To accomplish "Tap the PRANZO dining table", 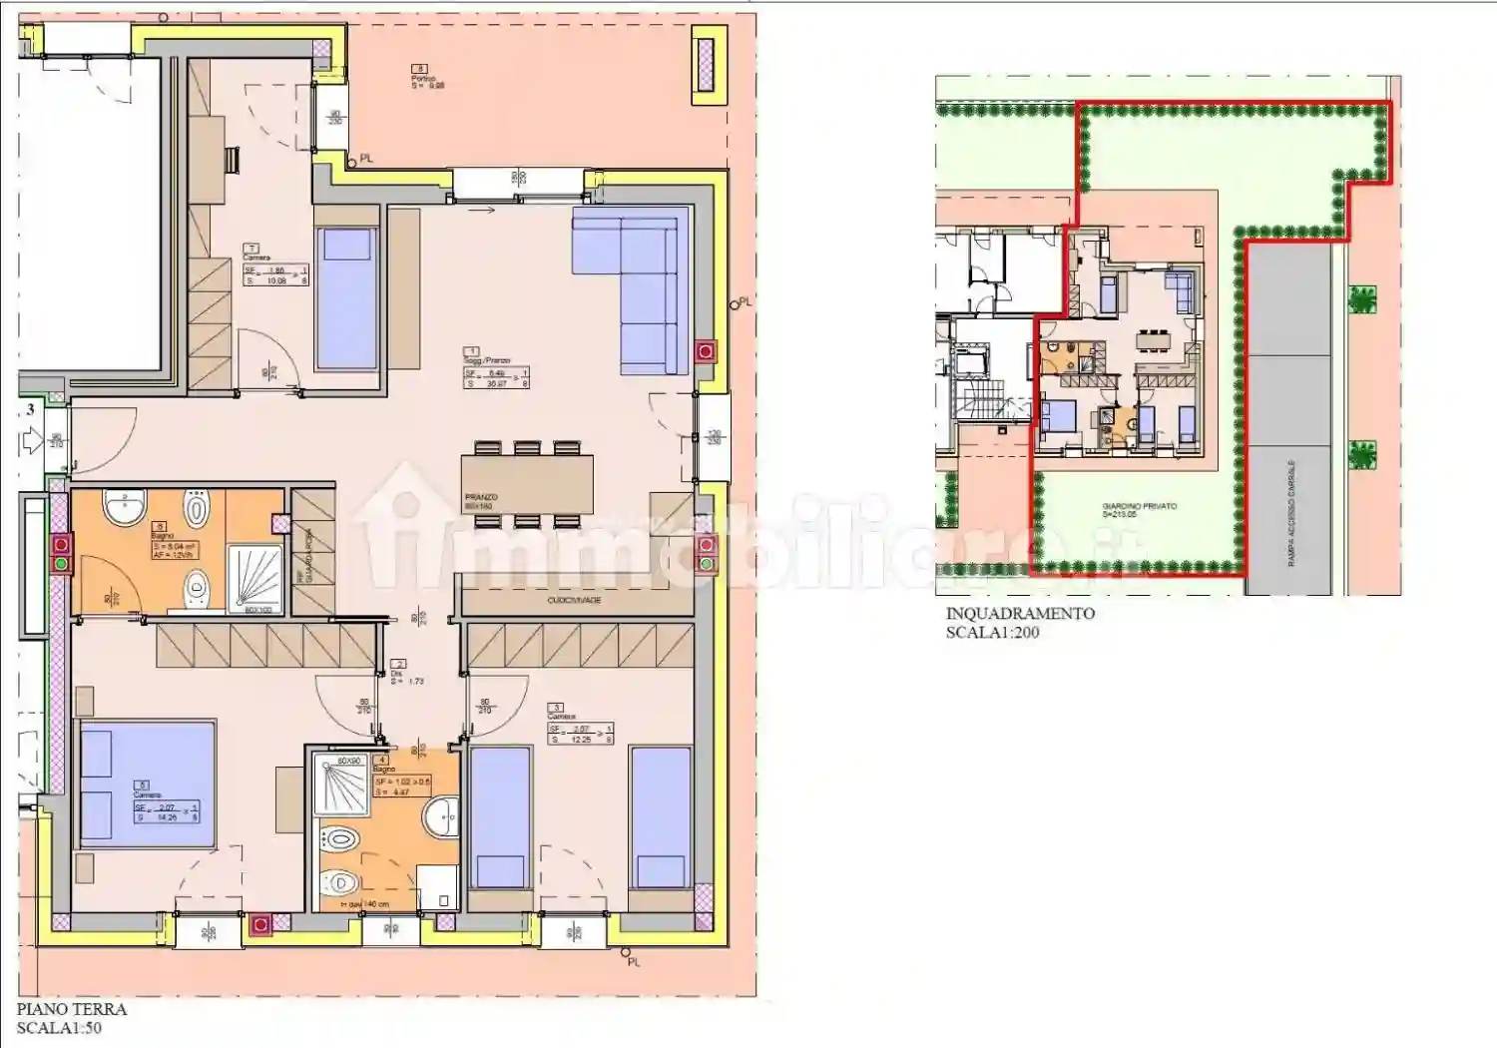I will [527, 484].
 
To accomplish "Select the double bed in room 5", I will [148, 784].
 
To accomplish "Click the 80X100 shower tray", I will [256, 578].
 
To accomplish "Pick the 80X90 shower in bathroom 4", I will [341, 785].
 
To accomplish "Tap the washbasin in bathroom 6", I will [126, 509].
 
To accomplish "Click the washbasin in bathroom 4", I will [441, 816].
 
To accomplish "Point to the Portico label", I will [427, 79].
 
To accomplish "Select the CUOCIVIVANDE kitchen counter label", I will [575, 600].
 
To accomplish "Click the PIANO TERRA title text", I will [72, 1009].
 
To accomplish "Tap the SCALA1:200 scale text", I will [992, 632].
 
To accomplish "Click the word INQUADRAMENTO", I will [1020, 613].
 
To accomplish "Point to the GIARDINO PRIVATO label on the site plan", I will [1139, 506].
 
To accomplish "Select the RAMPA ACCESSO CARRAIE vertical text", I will [1291, 513].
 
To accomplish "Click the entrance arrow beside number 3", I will [31, 439].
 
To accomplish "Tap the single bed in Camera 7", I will [346, 298].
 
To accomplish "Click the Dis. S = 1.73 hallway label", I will [405, 673].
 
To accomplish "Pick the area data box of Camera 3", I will [580, 734].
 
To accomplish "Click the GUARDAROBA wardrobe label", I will [309, 556].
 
